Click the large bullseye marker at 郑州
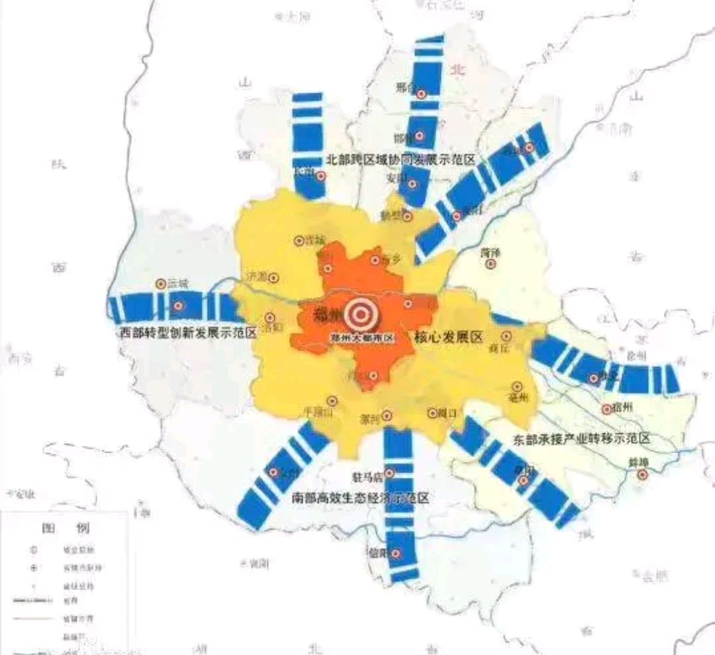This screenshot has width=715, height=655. click(x=362, y=312)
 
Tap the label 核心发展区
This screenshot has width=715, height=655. click(x=448, y=337)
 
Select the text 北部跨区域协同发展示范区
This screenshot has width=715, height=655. click(x=401, y=159)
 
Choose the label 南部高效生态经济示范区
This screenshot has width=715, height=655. click(x=360, y=498)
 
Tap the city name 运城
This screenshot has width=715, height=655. click(x=177, y=283)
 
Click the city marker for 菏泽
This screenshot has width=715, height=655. click(x=491, y=264)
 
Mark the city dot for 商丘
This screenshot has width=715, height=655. click(x=506, y=336)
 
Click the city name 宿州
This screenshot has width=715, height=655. click(x=622, y=406)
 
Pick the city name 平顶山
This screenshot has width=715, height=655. click(x=316, y=412)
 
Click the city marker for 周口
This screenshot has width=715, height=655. click(x=432, y=413)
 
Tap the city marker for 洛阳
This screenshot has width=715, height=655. click(x=269, y=318)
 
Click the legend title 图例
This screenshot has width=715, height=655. click(x=65, y=528)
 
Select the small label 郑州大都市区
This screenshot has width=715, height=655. click(x=362, y=337)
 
